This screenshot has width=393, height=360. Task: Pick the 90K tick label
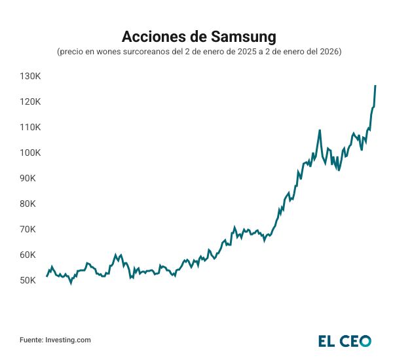tap(31, 179)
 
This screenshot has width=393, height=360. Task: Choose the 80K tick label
tap(31, 204)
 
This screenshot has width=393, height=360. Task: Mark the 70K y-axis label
tap(31, 230)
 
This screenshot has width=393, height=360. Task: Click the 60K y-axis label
tap(31, 255)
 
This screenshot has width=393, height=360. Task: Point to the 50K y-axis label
tap(31, 281)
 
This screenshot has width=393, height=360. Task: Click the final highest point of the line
tap(375, 86)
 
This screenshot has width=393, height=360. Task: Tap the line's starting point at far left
tap(47, 276)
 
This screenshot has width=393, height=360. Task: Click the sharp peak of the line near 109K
tap(320, 130)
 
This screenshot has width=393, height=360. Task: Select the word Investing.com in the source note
tap(68, 340)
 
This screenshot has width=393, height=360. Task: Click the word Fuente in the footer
tap(31, 340)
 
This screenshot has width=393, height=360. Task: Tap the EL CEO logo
tap(345, 340)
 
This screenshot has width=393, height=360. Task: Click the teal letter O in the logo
tap(365, 340)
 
